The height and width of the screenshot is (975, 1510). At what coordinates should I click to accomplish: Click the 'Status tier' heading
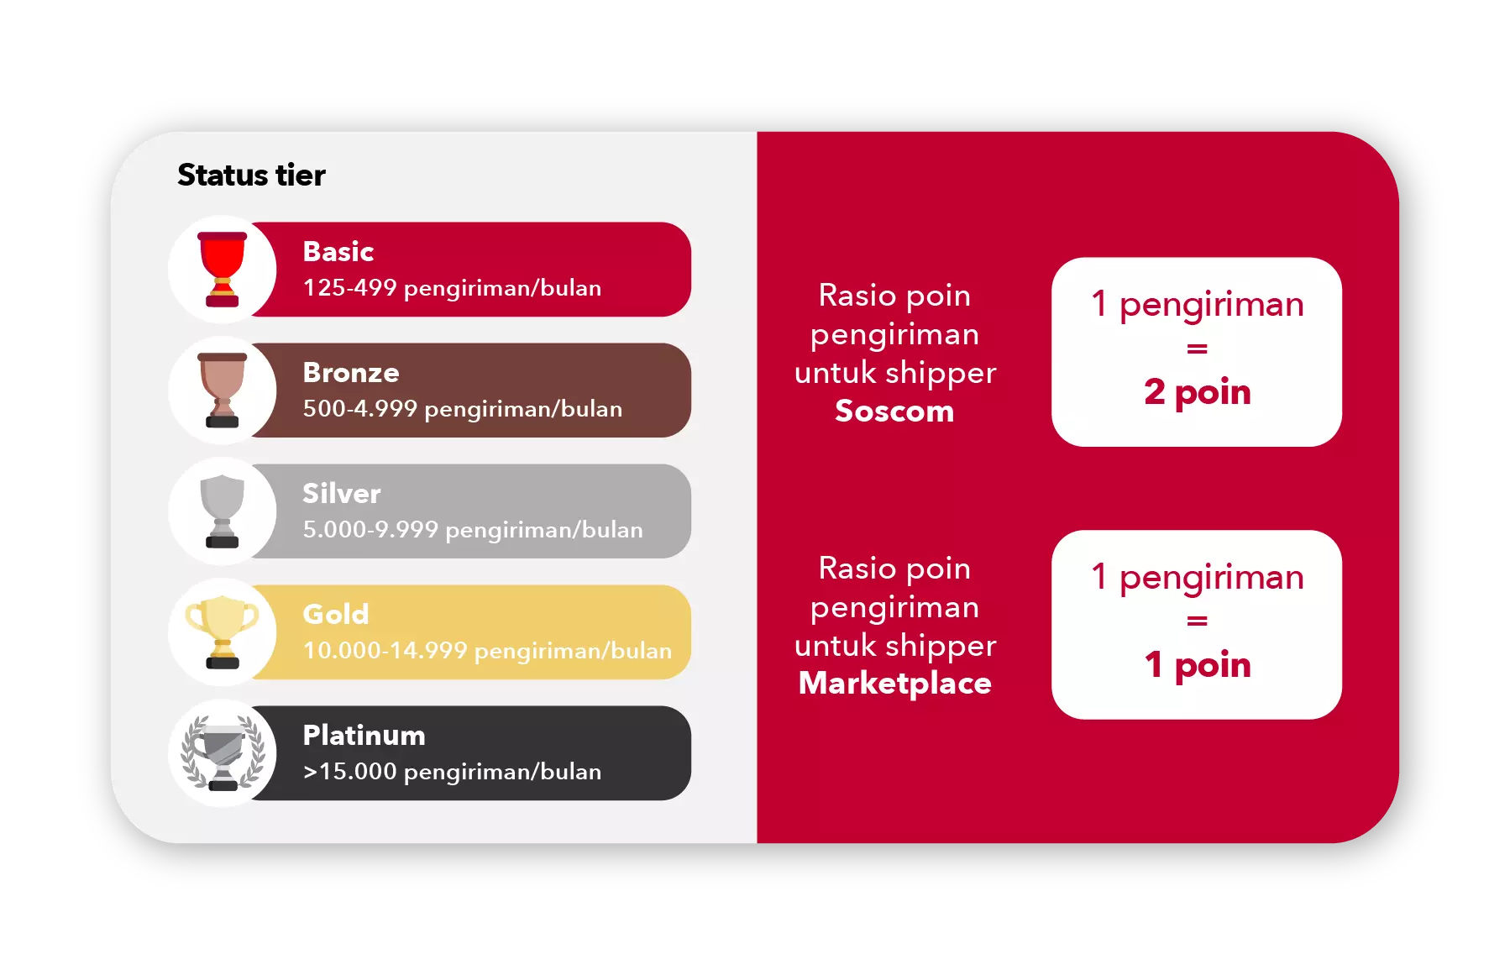[x=251, y=175]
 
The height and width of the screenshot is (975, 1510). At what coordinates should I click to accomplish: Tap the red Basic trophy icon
[x=223, y=270]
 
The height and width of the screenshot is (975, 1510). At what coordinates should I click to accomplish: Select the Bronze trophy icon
[x=223, y=391]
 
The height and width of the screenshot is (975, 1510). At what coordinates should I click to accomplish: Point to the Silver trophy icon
[x=223, y=511]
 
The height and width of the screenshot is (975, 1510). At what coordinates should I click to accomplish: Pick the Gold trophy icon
[x=223, y=632]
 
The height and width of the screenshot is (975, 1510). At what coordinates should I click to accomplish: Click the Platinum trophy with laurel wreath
[x=223, y=753]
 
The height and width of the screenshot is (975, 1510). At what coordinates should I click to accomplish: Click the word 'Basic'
[x=338, y=251]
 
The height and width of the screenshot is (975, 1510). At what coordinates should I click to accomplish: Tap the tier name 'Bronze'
[x=351, y=372]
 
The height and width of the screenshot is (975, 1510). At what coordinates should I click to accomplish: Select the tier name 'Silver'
[x=341, y=493]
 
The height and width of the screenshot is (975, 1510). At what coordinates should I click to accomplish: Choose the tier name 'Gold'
[x=335, y=614]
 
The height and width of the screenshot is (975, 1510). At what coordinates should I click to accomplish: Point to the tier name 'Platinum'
[x=364, y=735]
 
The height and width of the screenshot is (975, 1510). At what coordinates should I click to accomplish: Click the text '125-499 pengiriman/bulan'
[x=452, y=288]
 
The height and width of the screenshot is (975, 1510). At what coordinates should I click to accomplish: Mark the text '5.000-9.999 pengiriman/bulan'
[x=473, y=530]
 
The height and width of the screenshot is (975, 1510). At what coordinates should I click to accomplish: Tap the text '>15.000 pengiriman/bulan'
[x=452, y=772]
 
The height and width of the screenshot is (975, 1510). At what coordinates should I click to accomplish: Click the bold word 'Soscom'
[x=894, y=411]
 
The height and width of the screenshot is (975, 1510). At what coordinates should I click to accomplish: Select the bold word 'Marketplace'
[x=894, y=684]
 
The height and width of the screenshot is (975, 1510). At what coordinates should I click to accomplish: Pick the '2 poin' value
[x=1197, y=392]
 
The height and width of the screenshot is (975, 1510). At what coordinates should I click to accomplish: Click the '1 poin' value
[x=1197, y=665]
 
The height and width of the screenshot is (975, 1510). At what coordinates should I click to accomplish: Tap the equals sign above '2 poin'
[x=1197, y=349]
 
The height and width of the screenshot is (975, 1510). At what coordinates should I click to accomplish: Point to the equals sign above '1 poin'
[x=1197, y=621]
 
